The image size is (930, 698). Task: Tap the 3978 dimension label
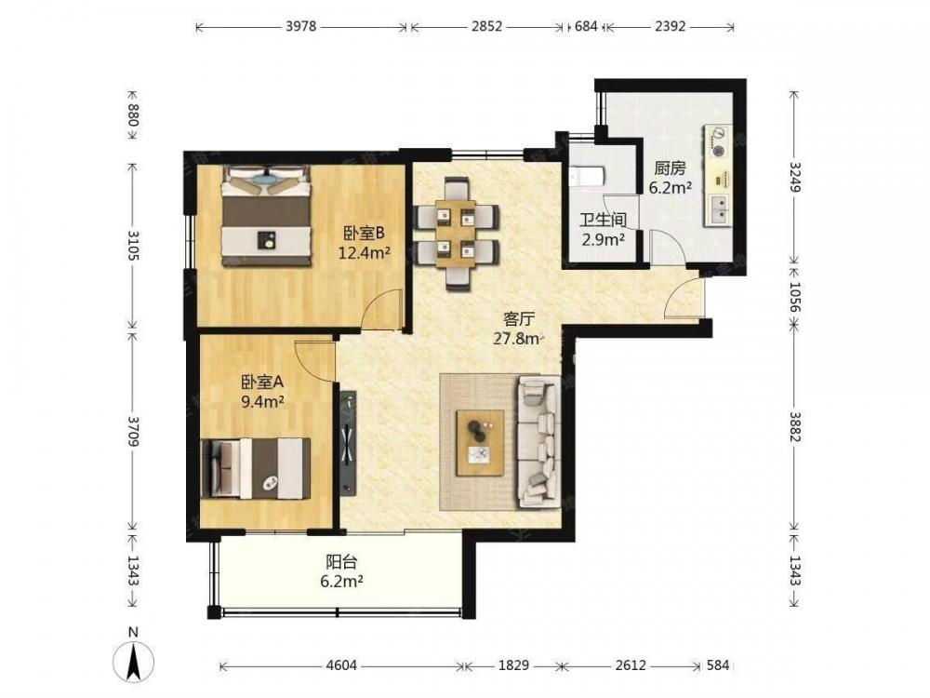tap(300, 26)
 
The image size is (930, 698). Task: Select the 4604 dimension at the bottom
tap(341, 665)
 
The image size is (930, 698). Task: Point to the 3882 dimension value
tap(795, 426)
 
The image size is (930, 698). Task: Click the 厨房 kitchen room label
tap(671, 168)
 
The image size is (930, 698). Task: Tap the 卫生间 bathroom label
tap(603, 221)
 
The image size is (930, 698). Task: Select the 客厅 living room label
tap(519, 319)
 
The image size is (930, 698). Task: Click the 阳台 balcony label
tap(341, 561)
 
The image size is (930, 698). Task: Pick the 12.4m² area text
tap(365, 253)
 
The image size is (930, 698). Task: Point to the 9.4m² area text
tap(261, 401)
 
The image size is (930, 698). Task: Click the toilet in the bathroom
tap(586, 176)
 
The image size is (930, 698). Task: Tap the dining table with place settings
tap(456, 233)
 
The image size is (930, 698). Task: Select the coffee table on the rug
tap(480, 442)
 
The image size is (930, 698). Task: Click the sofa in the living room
tap(539, 441)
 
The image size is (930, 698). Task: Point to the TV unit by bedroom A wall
tap(348, 443)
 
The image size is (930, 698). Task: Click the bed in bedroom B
tap(266, 216)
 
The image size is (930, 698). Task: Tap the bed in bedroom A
tap(256, 468)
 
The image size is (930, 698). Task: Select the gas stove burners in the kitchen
tap(717, 142)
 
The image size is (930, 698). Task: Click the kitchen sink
tap(718, 209)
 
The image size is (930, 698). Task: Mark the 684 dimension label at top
tap(586, 26)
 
